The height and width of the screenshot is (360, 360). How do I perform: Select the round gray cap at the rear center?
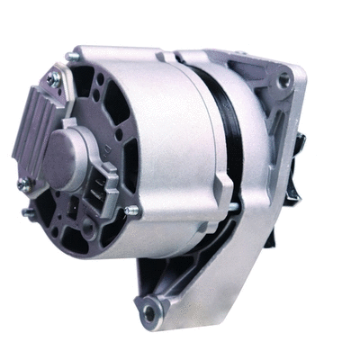[63, 154]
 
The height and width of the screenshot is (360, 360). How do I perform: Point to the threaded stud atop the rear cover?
[71, 58]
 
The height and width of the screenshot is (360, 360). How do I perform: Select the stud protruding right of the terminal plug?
[133, 211]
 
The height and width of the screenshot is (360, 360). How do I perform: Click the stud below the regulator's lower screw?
[27, 213]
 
